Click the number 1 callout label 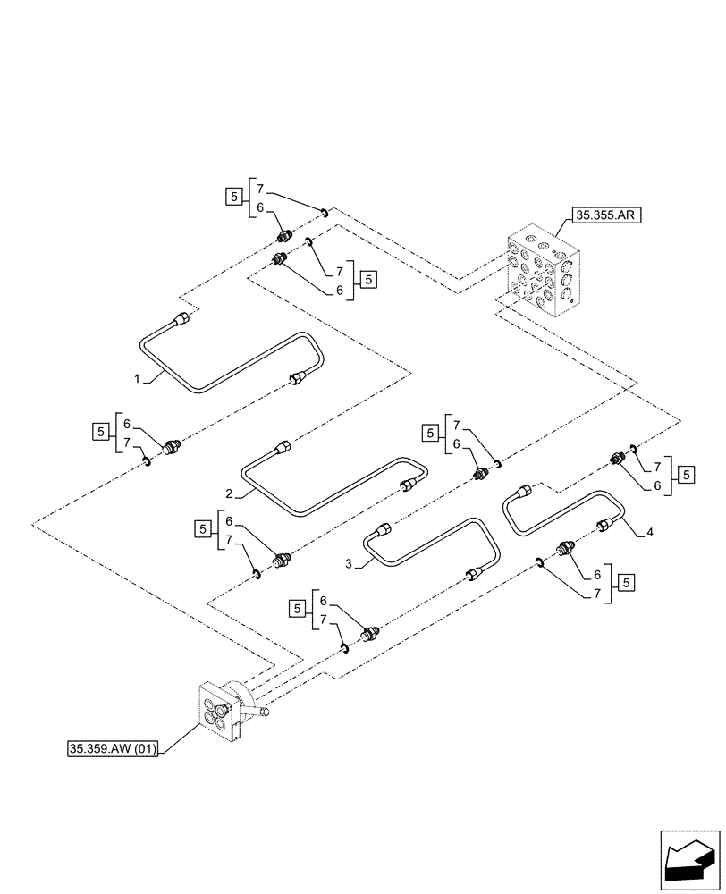(x=138, y=379)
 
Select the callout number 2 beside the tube (x=230, y=493)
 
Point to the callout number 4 (x=649, y=534)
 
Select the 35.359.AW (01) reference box (x=113, y=750)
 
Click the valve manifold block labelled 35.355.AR (x=542, y=274)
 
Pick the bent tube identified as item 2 (x=331, y=487)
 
